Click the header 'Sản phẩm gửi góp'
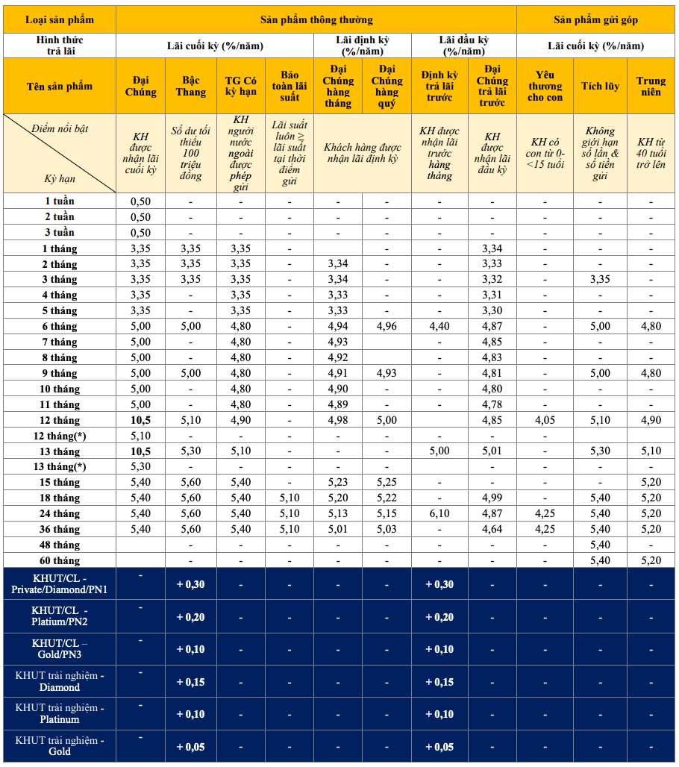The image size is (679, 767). tap(596, 19)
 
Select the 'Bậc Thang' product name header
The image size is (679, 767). tap(191, 86)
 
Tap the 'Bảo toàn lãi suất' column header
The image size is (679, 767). tap(290, 86)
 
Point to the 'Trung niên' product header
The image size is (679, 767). tap(651, 86)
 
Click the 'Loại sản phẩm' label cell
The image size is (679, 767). tap(59, 19)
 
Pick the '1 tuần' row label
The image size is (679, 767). tap(59, 201)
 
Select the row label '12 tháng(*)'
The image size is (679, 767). tap(59, 436)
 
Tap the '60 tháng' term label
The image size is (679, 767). tap(59, 560)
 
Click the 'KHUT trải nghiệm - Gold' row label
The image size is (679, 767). tap(59, 745)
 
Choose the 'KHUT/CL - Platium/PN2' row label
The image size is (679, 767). tap(59, 616)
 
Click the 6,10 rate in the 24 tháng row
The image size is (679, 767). tap(439, 513)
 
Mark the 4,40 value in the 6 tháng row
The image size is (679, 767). tap(439, 326)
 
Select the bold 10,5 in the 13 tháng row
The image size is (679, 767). tap(140, 451)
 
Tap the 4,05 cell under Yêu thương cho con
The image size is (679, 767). tap(545, 420)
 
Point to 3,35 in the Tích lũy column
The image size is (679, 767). tap(600, 279)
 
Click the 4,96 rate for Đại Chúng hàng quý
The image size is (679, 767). tap(387, 326)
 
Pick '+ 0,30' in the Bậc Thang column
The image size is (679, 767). tap(190, 584)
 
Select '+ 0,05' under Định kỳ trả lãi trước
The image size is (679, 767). tap(439, 747)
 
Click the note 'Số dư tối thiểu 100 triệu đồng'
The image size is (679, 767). tap(191, 153)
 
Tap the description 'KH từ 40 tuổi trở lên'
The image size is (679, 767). tap(651, 153)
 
